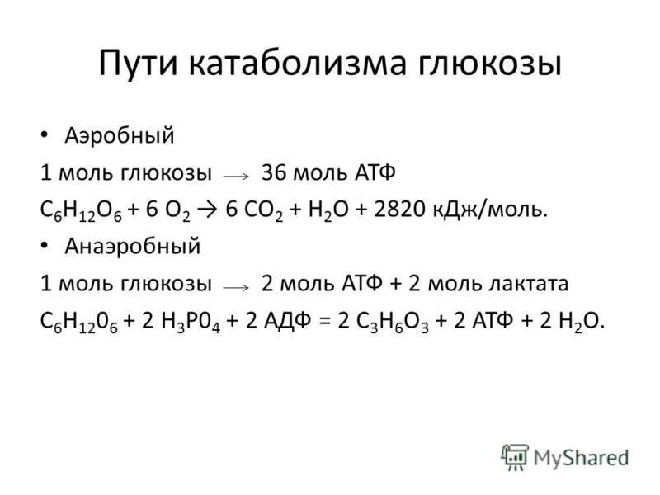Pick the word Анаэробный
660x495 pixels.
point(132,246)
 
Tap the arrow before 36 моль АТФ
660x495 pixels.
point(235,176)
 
